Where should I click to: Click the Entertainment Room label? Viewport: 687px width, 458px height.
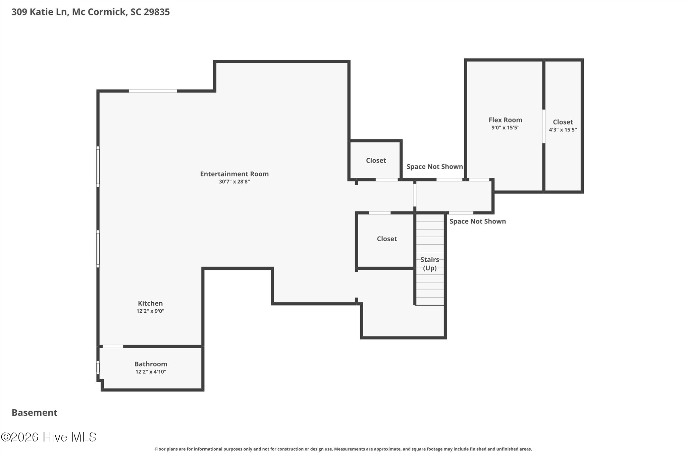point(234,174)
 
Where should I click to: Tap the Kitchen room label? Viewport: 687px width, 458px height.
point(150,303)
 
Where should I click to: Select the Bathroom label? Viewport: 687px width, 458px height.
point(151,364)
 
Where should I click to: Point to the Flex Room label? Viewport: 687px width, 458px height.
point(506,120)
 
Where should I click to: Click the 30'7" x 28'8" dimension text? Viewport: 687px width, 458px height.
point(234,182)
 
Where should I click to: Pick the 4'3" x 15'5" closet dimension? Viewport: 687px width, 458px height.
point(563,130)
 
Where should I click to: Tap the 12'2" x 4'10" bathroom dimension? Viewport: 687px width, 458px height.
point(151,372)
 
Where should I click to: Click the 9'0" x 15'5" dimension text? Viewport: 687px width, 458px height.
point(506,128)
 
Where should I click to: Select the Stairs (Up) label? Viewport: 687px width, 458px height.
point(430,264)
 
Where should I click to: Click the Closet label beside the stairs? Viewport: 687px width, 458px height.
point(387,239)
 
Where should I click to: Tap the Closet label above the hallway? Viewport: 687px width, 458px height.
point(376,160)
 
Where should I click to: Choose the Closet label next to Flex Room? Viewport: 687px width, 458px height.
point(563,122)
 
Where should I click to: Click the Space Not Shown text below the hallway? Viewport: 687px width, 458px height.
point(478,221)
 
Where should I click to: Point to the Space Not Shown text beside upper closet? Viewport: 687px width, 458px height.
point(435,167)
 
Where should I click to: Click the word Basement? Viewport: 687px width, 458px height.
point(35,413)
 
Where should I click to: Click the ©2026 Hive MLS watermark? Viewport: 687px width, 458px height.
point(49,437)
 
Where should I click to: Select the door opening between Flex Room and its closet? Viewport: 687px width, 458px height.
point(544,126)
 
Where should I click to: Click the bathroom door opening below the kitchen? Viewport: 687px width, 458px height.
point(113,346)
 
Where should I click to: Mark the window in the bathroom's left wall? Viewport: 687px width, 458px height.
point(98,367)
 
